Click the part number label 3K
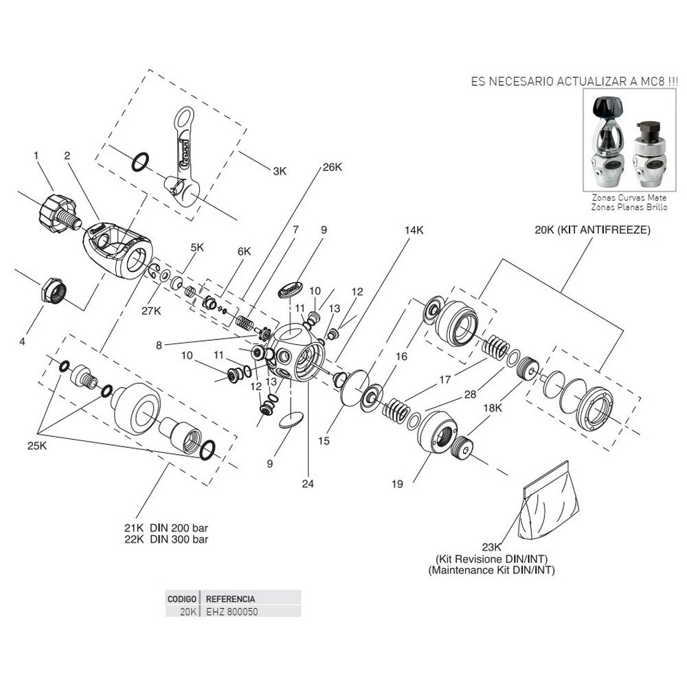point(279,171)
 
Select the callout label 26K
point(331,167)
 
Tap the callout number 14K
point(414,231)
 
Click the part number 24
point(307,484)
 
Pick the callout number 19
point(397,484)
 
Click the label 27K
point(151,311)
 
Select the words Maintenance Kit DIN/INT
point(491,570)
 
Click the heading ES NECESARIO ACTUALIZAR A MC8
point(574,80)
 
